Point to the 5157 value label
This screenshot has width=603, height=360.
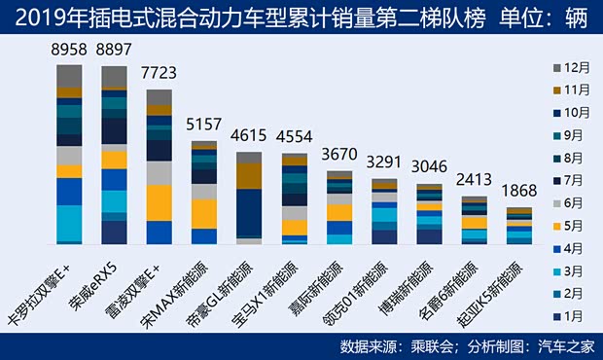pos(203,126)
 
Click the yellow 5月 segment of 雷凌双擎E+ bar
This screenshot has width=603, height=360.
pos(159,202)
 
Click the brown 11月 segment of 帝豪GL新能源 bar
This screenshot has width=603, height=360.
pos(248,175)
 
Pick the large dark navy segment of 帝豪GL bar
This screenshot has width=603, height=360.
pos(248,213)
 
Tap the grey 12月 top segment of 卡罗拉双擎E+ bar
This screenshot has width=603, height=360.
pos(69,76)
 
